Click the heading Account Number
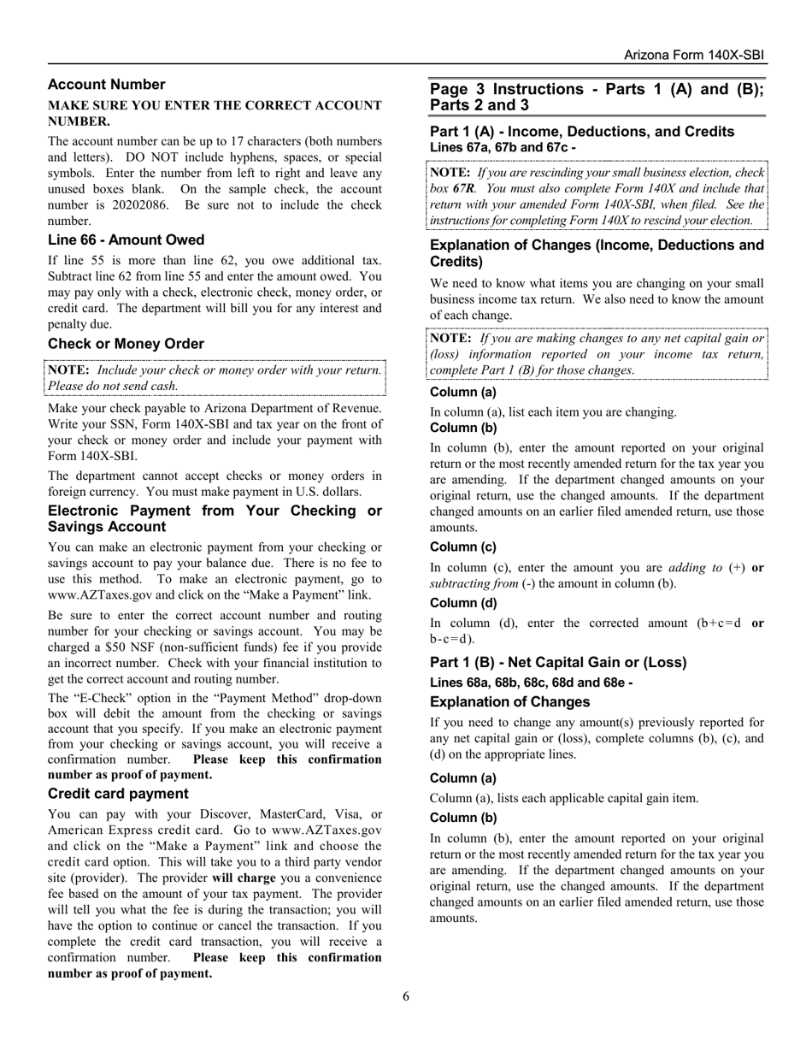pyautogui.click(x=106, y=85)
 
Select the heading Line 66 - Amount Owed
pyautogui.click(x=126, y=240)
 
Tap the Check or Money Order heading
pyautogui.click(x=126, y=344)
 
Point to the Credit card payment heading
pyautogui.click(x=118, y=794)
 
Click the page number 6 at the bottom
pyautogui.click(x=406, y=996)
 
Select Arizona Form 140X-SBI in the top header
pyautogui.click(x=694, y=55)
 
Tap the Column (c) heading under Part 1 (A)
pyautogui.click(x=462, y=547)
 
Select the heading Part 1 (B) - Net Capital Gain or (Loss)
pyautogui.click(x=558, y=663)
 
